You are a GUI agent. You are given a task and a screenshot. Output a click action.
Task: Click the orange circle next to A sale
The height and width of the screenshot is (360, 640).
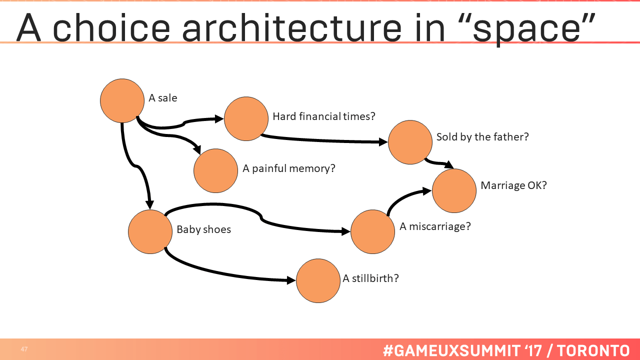click(x=122, y=100)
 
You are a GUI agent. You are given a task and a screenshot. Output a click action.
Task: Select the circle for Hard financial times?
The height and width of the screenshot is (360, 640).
click(x=246, y=118)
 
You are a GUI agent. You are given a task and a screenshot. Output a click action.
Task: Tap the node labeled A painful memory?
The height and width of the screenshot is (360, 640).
click(x=215, y=170)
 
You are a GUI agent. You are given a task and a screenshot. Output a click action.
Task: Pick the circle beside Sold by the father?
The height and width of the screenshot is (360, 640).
click(x=410, y=142)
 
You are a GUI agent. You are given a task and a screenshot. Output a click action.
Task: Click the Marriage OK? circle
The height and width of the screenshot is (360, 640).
click(x=454, y=190)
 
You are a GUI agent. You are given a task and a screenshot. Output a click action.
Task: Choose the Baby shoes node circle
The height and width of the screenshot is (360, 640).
click(x=150, y=231)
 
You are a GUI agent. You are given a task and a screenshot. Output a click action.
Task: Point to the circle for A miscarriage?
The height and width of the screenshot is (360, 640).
click(x=372, y=231)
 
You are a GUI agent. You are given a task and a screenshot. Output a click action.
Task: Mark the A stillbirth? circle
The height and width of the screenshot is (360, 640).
click(x=318, y=280)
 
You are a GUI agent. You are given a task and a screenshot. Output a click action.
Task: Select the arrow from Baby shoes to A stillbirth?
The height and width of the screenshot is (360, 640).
click(x=225, y=273)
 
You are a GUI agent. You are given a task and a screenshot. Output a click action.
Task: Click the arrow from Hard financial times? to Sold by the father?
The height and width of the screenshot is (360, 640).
click(x=325, y=140)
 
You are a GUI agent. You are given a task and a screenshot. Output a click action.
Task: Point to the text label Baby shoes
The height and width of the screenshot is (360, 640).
click(x=203, y=230)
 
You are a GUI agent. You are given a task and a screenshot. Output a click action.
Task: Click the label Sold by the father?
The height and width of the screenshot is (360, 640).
click(x=482, y=137)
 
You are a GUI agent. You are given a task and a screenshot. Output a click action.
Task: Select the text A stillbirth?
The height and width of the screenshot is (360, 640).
click(x=370, y=278)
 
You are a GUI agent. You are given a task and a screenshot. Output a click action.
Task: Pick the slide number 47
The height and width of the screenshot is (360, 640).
click(x=24, y=349)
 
